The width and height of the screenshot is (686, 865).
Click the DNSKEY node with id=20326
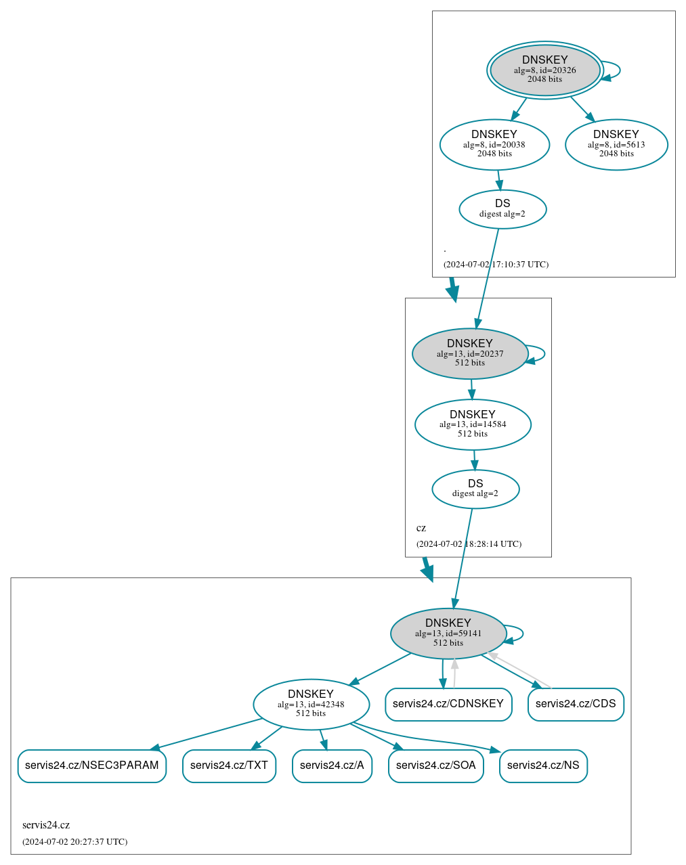[x=544, y=70]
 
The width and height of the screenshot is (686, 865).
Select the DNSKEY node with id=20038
[x=494, y=144]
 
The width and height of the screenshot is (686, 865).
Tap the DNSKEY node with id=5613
[x=616, y=144]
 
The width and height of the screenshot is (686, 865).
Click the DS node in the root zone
[x=502, y=209]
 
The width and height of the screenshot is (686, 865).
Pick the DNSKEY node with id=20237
[x=470, y=353]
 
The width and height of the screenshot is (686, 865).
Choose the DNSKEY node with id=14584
[x=473, y=424]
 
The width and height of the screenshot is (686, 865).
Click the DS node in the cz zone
[x=475, y=489]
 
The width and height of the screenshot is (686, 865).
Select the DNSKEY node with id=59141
[x=448, y=633]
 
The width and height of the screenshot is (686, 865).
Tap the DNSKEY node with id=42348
[x=311, y=704]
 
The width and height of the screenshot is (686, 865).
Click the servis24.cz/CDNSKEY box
[x=448, y=704]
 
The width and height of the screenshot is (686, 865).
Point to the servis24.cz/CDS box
[x=576, y=704]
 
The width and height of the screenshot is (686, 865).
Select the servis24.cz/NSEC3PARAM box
[x=92, y=766]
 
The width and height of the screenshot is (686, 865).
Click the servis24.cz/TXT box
[x=229, y=766]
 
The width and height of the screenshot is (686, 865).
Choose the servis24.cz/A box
[x=332, y=766]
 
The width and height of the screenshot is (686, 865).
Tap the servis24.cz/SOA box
[x=436, y=766]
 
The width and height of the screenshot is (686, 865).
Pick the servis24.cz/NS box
[x=543, y=766]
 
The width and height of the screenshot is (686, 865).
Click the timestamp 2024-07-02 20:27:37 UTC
[x=75, y=842]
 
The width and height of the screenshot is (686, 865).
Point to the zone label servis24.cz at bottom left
[x=46, y=825]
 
